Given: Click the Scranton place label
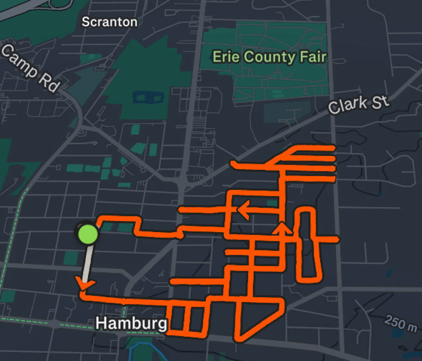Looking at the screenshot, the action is pyautogui.click(x=109, y=22).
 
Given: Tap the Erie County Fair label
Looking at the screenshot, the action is pyautogui.click(x=269, y=57).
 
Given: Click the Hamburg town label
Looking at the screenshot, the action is pyautogui.click(x=131, y=323).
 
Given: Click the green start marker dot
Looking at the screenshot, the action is pyautogui.click(x=88, y=234).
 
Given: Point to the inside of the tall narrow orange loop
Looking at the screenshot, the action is pyautogui.click(x=306, y=245).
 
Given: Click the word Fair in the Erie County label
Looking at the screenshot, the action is pyautogui.click(x=310, y=57).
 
